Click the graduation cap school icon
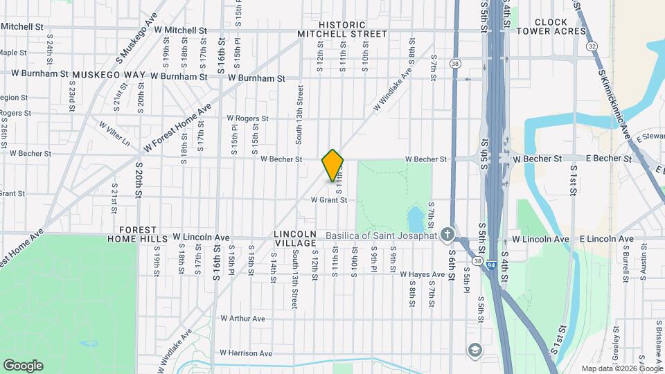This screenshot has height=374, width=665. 475,348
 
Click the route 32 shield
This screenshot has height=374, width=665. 591,46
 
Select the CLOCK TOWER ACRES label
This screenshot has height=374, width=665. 560,28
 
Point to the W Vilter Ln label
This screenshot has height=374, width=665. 114,134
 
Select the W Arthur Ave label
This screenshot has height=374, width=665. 242,319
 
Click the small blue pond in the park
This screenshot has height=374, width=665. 416,219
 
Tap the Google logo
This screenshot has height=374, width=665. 23,365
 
